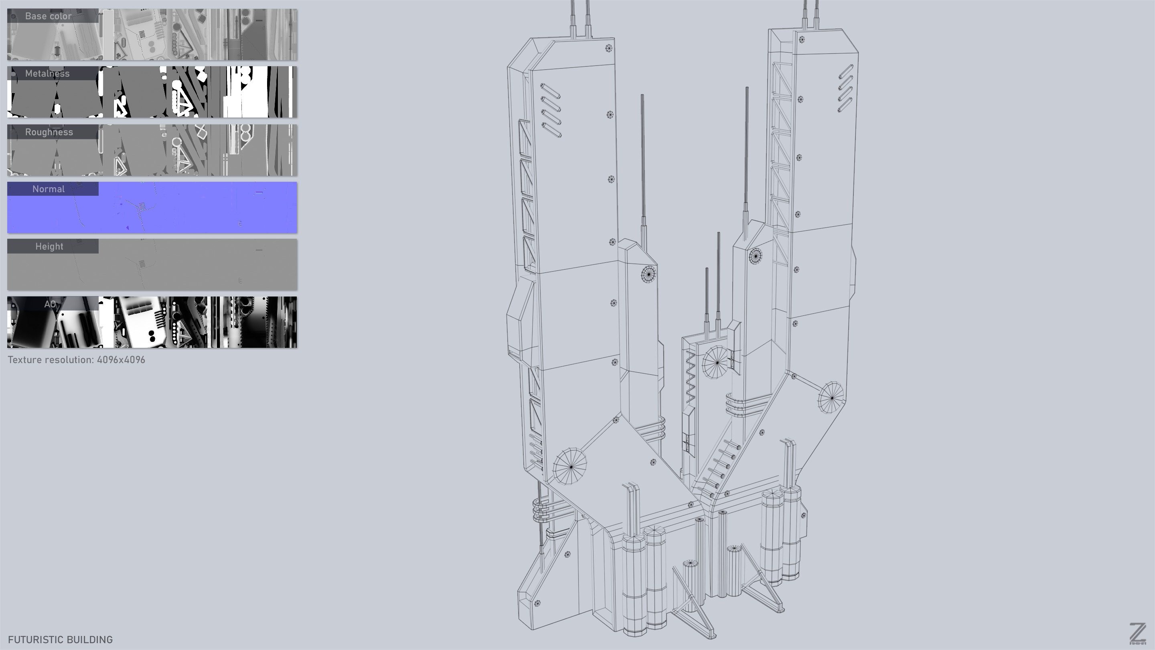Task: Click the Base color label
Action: [49, 16]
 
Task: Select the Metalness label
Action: [48, 73]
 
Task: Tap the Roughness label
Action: [49, 132]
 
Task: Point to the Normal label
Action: [49, 189]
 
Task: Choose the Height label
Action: [49, 246]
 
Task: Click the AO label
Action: [50, 304]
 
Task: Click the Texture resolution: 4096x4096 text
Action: [76, 360]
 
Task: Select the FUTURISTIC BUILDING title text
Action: [61, 639]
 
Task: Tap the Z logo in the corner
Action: [1137, 634]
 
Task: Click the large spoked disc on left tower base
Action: [570, 467]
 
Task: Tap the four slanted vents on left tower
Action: [551, 110]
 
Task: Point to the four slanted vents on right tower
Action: [845, 89]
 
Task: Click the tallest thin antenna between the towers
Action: [746, 152]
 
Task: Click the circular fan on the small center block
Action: [717, 362]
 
